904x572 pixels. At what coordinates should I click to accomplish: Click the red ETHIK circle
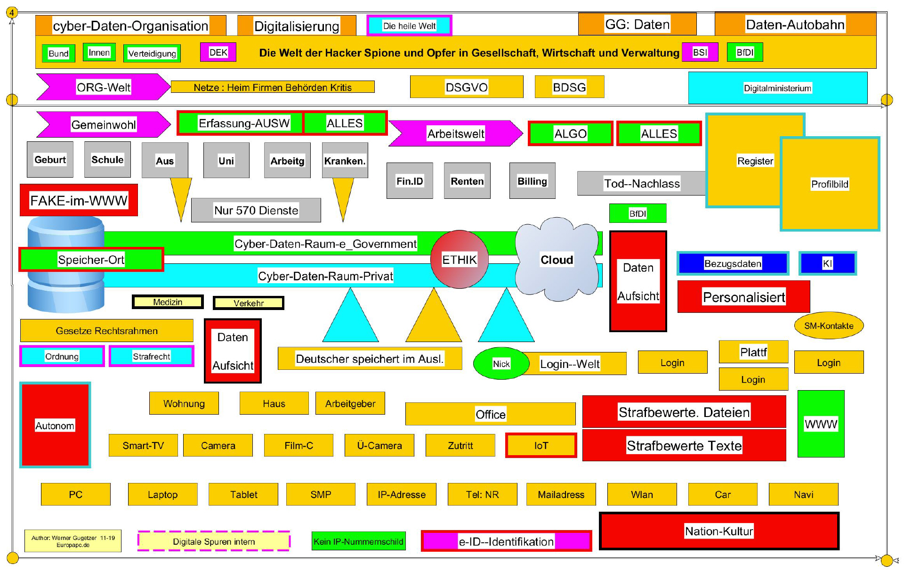(x=459, y=259)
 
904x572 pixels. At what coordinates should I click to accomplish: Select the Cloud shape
(x=557, y=259)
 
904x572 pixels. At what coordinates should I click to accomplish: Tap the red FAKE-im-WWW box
(x=79, y=200)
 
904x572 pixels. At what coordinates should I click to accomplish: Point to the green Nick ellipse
(x=501, y=363)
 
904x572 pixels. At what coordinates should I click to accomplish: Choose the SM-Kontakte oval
(x=829, y=326)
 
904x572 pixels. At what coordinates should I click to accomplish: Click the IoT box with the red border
(x=541, y=445)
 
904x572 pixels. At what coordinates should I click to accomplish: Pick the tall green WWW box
(x=821, y=424)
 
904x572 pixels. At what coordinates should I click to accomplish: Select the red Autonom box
(x=55, y=425)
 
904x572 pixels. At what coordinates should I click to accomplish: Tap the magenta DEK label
(x=218, y=52)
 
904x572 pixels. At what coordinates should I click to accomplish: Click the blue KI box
(x=827, y=263)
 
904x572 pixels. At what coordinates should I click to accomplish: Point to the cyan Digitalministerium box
(x=777, y=88)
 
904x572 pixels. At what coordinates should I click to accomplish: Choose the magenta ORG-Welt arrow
(x=103, y=87)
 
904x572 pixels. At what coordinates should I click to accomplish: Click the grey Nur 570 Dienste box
(x=256, y=210)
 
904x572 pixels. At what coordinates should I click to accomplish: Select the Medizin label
(x=168, y=302)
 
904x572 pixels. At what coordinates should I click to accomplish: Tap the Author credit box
(x=73, y=541)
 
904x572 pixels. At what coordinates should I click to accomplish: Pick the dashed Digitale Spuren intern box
(x=214, y=541)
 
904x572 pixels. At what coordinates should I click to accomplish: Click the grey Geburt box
(x=50, y=160)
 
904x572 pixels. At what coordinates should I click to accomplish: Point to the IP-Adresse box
(x=401, y=494)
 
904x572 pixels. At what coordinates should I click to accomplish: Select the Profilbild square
(x=830, y=184)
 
